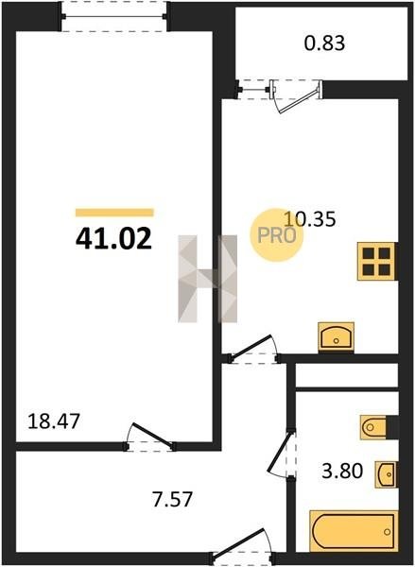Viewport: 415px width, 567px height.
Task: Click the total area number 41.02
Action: [113, 239]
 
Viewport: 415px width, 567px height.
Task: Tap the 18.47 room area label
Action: [54, 421]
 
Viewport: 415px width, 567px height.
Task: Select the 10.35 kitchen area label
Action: [310, 219]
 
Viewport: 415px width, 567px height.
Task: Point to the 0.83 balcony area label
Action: [324, 43]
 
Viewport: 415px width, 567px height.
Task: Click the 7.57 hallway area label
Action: [172, 499]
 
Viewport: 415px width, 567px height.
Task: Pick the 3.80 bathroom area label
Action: [342, 472]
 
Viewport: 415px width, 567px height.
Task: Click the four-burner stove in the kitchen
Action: [376, 261]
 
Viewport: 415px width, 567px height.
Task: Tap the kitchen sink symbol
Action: [337, 337]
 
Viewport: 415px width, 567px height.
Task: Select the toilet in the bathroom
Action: [374, 428]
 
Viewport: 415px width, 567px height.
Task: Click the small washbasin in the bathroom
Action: [386, 474]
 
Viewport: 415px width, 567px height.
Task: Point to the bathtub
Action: [354, 531]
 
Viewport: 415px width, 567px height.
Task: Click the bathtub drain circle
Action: [388, 531]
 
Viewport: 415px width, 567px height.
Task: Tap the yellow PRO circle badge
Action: [276, 235]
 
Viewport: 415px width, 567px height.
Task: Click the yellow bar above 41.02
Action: [114, 213]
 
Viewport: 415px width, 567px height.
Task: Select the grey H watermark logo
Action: [207, 279]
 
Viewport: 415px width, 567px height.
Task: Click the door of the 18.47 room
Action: [149, 436]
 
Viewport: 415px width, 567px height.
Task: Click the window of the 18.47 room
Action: [114, 16]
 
